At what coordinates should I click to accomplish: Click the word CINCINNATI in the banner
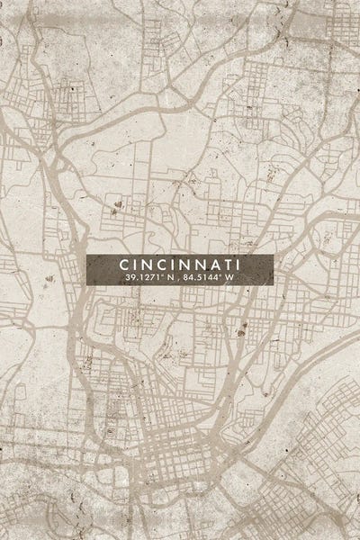point(179,265)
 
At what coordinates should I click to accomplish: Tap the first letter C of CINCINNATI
point(122,265)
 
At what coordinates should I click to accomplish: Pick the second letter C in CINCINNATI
point(158,265)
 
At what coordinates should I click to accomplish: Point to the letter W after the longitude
point(229,279)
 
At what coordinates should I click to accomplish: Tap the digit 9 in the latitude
point(131,279)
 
